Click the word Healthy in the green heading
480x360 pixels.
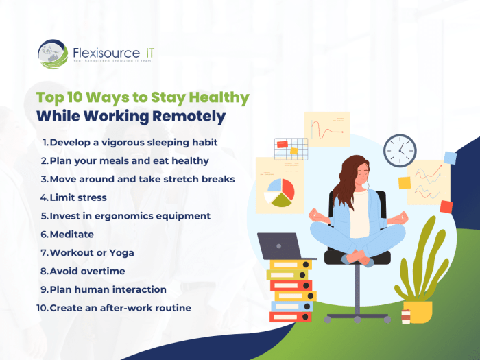click(x=220, y=97)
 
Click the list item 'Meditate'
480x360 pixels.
click(x=72, y=235)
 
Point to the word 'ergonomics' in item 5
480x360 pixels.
click(x=125, y=216)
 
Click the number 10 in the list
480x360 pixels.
click(x=42, y=308)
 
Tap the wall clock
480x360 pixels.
click(x=400, y=150)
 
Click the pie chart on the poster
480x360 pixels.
click(x=279, y=193)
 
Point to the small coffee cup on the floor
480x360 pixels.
click(x=405, y=316)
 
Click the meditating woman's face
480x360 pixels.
click(x=348, y=179)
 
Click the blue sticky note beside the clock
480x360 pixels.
click(x=450, y=158)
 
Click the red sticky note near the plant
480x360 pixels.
click(x=446, y=206)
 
